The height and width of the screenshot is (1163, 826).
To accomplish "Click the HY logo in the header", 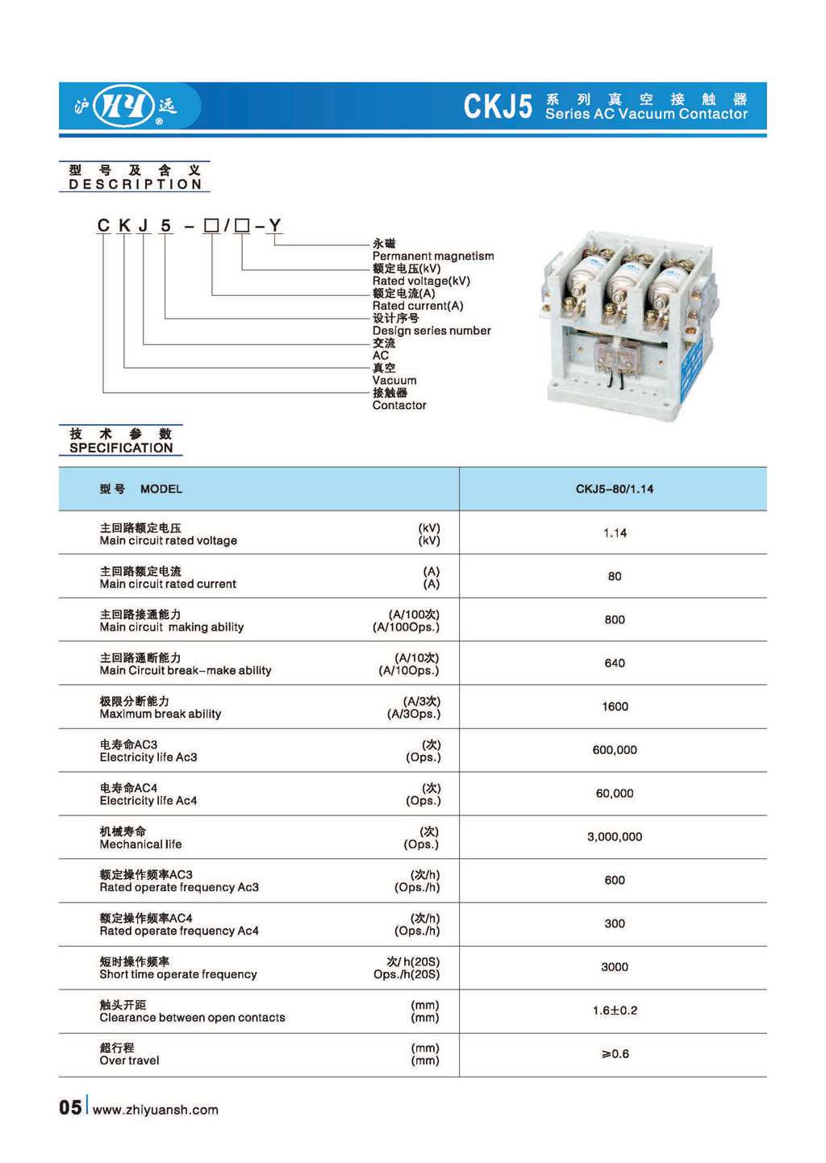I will [124, 106].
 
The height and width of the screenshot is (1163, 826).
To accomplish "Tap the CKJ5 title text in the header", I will [498, 106].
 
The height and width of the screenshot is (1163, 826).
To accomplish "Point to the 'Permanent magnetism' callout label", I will [432, 256].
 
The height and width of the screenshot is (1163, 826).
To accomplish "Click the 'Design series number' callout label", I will [431, 331].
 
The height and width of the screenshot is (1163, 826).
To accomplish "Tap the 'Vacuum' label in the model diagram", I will [394, 381].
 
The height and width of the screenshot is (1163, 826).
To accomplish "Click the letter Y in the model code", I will [275, 226].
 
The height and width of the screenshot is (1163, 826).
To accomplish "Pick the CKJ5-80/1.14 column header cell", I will [614, 489].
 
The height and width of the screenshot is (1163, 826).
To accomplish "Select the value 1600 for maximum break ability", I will [615, 707].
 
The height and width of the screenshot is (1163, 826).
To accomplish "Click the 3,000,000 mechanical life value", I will [615, 837].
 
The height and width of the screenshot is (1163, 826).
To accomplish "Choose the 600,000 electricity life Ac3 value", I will [615, 750].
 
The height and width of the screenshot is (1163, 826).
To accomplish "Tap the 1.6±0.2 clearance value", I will [615, 1011].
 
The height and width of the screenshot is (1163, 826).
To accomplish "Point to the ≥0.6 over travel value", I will [615, 1054].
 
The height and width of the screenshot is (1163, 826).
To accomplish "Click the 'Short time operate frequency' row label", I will [178, 974].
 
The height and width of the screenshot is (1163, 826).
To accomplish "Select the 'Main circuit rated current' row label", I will [168, 584].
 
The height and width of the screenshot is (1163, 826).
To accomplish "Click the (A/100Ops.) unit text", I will [406, 627].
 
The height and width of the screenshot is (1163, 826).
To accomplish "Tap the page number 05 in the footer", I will [70, 1107].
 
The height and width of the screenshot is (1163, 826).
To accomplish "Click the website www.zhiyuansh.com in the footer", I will [156, 1110].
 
